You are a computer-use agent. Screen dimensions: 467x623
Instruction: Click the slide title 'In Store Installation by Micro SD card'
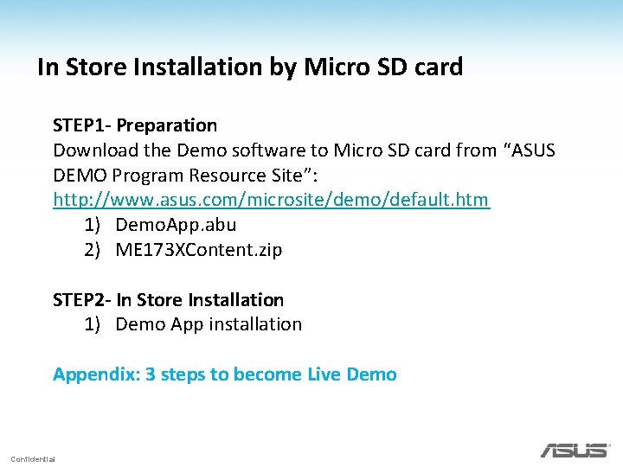250,67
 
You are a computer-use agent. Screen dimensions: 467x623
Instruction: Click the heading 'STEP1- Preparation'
134,126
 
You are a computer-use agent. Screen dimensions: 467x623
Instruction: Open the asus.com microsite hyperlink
271,200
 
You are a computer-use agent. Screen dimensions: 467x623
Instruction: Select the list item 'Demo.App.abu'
176,225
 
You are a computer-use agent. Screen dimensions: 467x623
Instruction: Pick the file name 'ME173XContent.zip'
198,250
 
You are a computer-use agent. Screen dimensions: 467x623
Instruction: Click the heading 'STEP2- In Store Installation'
168,300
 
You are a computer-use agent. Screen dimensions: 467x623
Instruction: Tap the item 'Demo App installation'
209,324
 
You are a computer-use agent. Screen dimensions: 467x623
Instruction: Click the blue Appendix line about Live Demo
224,374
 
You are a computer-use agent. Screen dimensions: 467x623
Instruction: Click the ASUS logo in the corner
575,450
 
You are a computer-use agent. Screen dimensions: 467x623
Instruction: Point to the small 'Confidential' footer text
33,458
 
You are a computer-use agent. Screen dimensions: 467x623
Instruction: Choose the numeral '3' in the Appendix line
151,374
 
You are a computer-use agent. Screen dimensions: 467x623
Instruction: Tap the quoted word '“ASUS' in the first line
529,150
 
